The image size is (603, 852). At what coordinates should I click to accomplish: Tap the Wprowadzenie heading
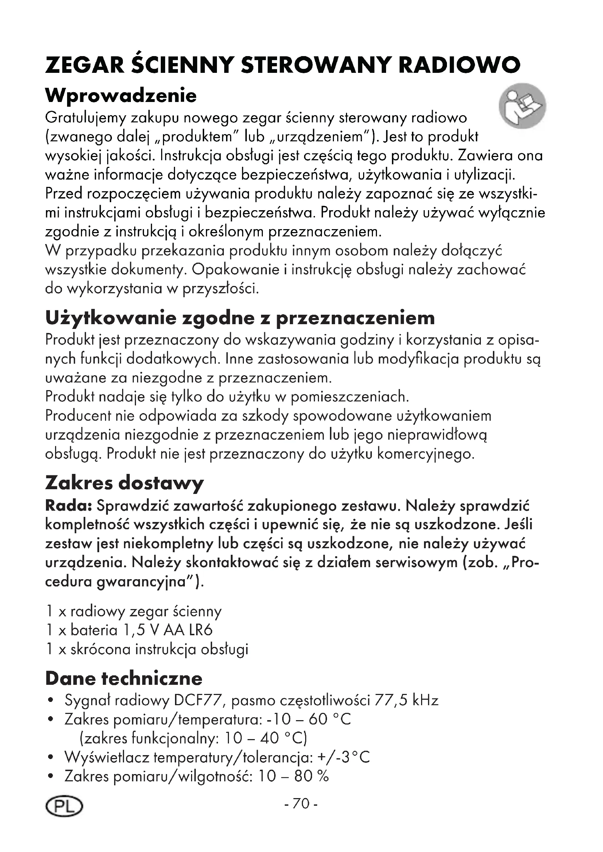pos(121,96)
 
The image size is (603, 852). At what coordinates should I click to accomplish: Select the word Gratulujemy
pos(85,118)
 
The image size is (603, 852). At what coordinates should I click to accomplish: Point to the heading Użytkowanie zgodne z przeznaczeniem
pos(240,318)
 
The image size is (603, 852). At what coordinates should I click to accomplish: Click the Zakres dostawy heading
pos(124,483)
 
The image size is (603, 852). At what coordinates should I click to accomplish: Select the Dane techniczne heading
pos(124,678)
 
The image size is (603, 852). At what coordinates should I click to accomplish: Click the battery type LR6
pos(201,630)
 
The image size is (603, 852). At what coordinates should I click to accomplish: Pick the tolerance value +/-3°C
pos(344,757)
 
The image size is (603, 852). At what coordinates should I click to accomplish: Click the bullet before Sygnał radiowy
pos(51,701)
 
